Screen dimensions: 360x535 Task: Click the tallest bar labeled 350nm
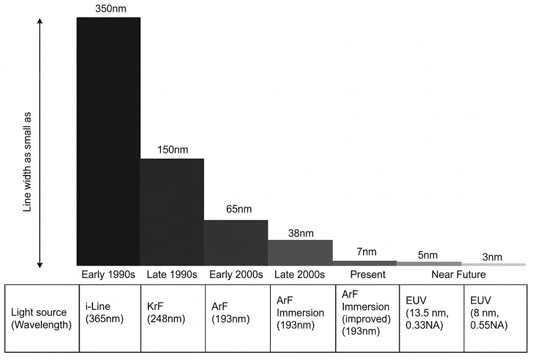108,141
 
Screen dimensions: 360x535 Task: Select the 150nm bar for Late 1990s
172,212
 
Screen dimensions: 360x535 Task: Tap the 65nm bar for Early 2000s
236,242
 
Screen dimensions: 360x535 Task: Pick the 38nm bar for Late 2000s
300,252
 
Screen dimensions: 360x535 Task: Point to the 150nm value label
172,150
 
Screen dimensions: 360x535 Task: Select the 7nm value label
366,252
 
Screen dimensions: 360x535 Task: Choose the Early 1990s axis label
108,274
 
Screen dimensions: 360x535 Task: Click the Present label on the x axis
368,274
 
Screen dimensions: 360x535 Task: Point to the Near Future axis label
458,274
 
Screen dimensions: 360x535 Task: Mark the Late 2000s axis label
300,274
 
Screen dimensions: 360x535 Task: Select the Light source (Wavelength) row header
39,318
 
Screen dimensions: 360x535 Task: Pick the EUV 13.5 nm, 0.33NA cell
431,318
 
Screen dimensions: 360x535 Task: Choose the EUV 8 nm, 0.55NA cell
495,318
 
